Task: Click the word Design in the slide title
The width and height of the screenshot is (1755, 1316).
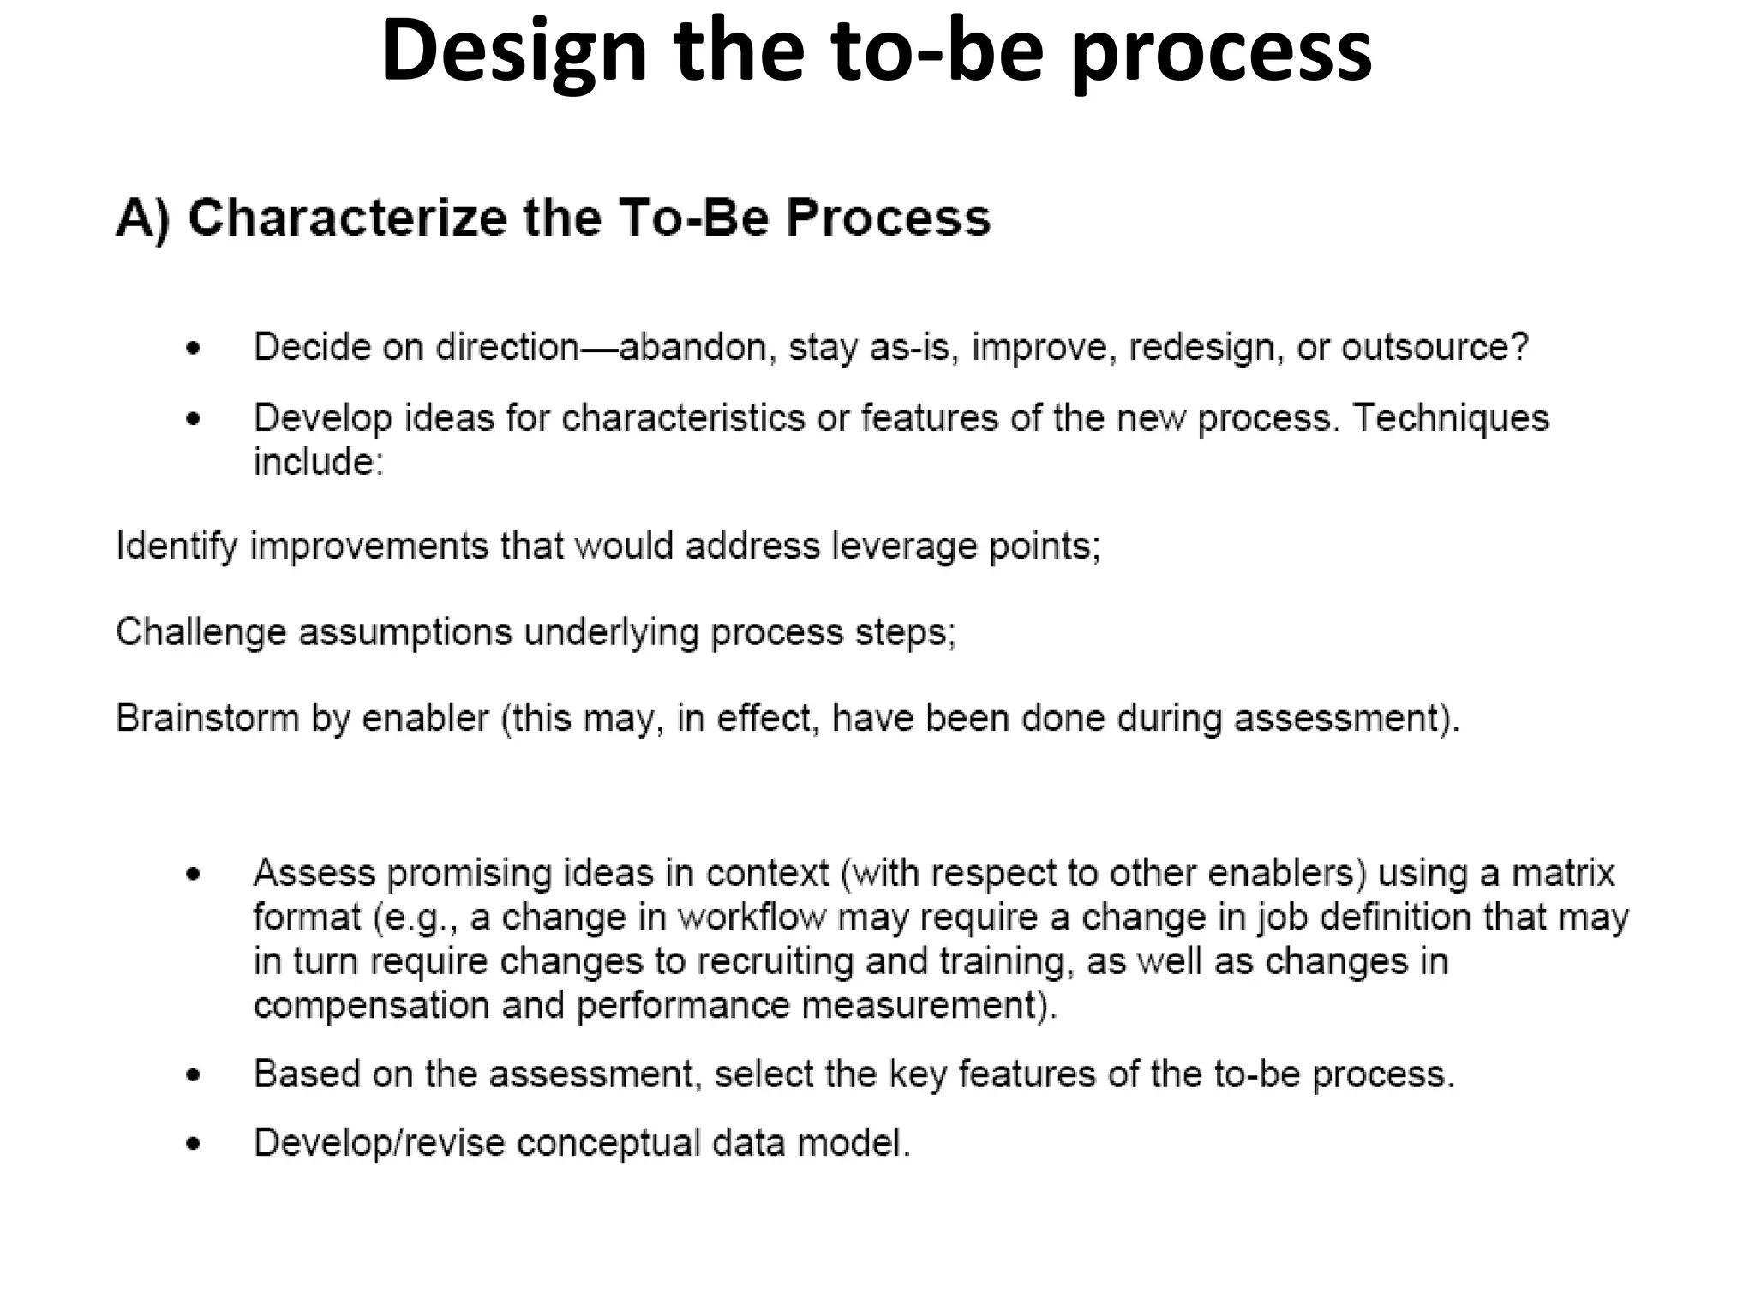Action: [x=513, y=53]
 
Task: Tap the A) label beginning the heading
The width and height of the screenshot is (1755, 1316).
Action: [x=142, y=218]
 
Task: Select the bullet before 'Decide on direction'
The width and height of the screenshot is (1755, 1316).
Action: [x=194, y=349]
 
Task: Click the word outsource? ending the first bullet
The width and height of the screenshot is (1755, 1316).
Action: [x=1435, y=348]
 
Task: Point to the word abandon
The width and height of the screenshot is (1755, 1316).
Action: [x=691, y=348]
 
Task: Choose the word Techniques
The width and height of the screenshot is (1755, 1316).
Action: [x=1451, y=418]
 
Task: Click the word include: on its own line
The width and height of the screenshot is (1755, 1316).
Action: [x=318, y=462]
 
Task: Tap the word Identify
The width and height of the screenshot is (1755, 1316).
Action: [x=177, y=546]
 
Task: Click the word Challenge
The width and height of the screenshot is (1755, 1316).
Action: [x=201, y=632]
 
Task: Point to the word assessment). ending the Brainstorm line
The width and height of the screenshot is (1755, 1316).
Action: [x=1346, y=718]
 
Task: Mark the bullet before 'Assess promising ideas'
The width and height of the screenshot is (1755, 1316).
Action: [x=194, y=875]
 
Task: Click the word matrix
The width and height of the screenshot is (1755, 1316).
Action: [x=1562, y=873]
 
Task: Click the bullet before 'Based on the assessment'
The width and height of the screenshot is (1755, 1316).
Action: [x=194, y=1075]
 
